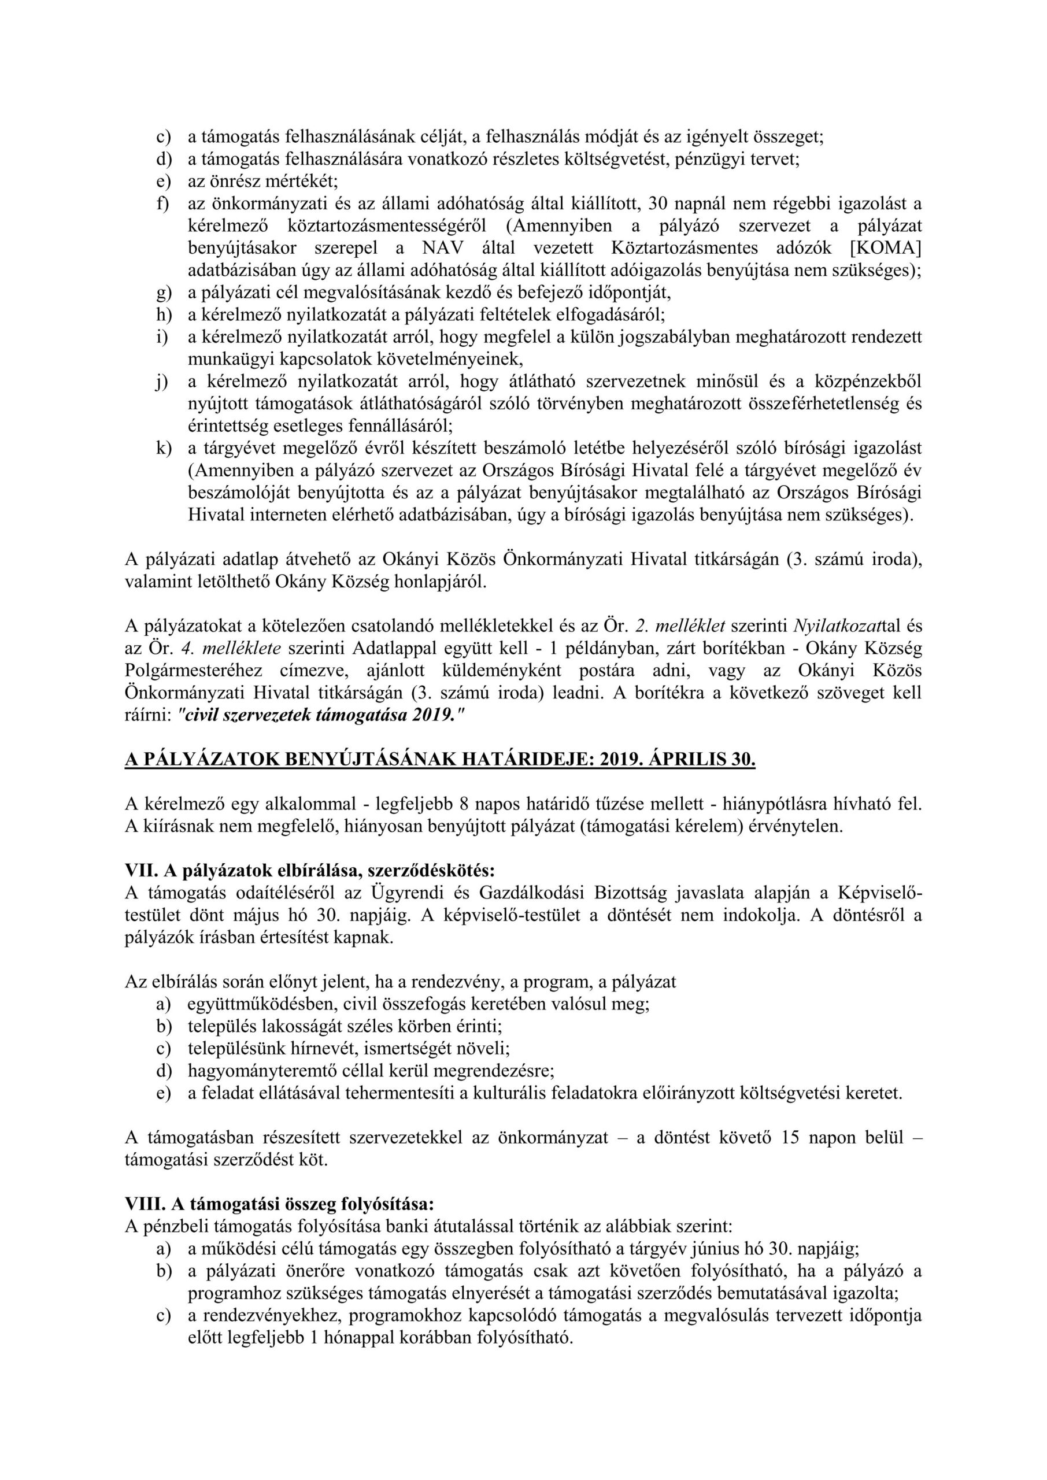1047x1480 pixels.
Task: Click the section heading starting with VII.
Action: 310,871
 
